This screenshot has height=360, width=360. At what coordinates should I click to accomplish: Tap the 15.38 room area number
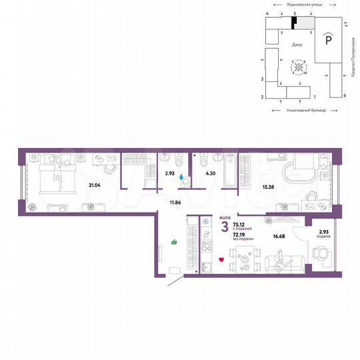tap(267, 187)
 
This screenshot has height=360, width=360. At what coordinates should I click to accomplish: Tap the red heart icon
tap(221, 259)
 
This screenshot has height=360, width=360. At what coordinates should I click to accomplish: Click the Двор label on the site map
tap(297, 45)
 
